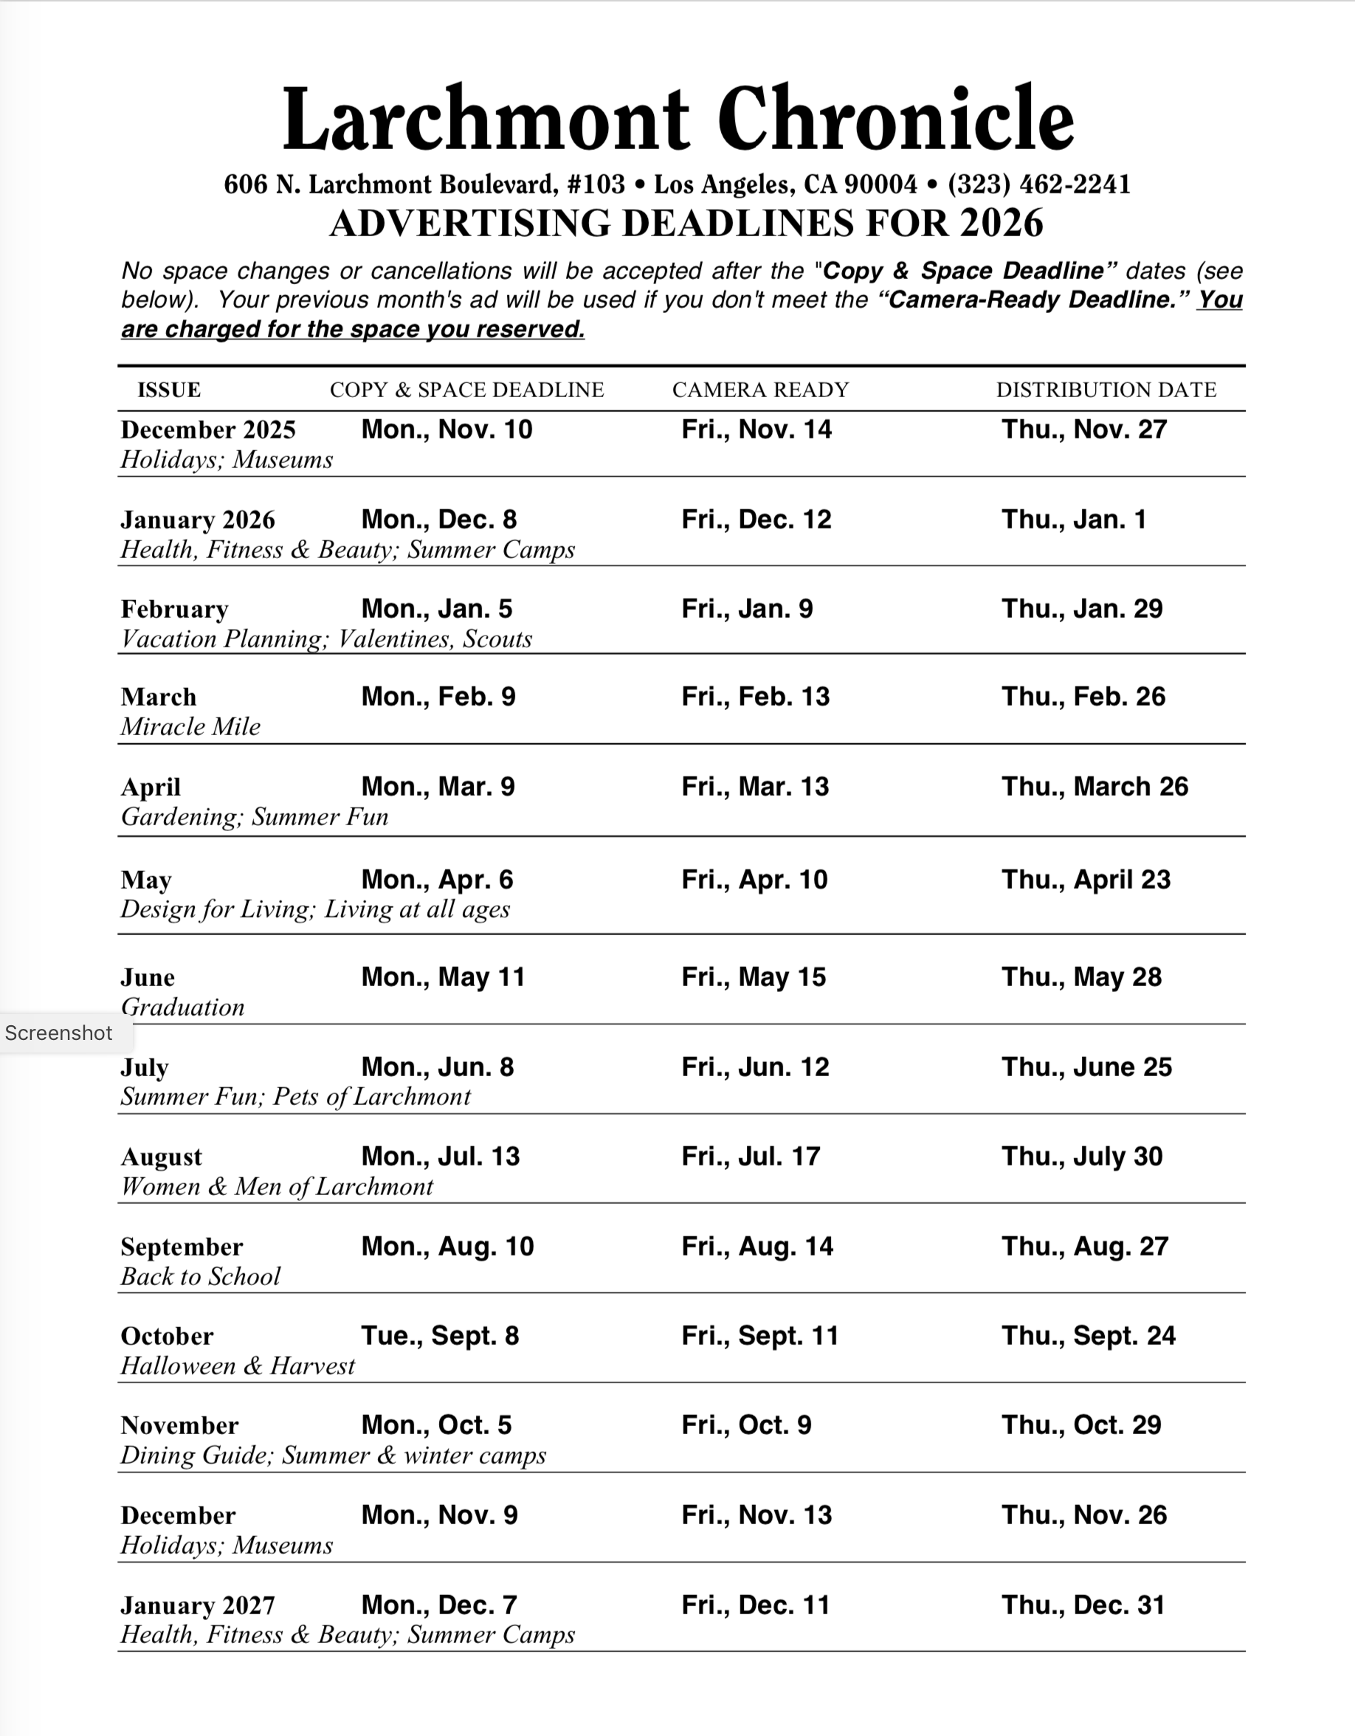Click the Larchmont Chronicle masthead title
click(678, 120)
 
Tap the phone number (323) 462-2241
click(1038, 185)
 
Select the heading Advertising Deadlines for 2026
click(686, 224)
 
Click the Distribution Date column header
click(1106, 390)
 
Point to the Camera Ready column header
click(761, 390)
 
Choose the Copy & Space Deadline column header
click(466, 390)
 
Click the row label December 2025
click(208, 430)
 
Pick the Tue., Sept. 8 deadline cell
click(439, 1335)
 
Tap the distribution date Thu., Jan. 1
click(1074, 519)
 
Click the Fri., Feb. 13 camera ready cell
click(755, 696)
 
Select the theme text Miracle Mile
click(190, 726)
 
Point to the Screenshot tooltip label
click(59, 1033)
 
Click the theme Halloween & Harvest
click(238, 1365)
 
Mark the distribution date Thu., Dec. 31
click(1083, 1605)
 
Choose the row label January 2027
click(198, 1605)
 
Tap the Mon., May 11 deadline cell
click(443, 977)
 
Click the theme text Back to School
click(200, 1275)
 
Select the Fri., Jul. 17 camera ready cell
click(751, 1156)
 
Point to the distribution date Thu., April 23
click(1086, 879)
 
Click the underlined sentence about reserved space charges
click(353, 329)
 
